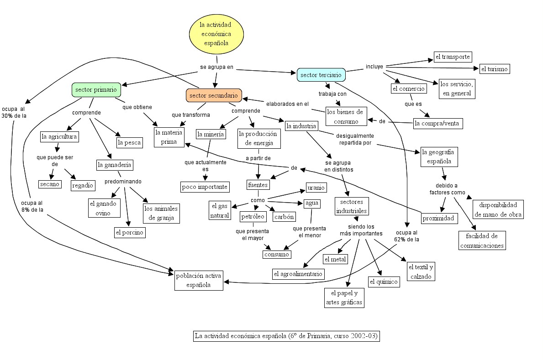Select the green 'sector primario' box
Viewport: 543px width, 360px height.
pos(96,90)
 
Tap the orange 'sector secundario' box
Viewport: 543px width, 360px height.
pos(214,95)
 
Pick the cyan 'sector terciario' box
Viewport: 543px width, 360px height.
pos(321,75)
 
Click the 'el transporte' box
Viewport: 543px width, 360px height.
pos(452,57)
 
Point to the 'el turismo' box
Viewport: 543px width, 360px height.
pos(494,69)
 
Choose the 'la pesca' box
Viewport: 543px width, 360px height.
pos(129,143)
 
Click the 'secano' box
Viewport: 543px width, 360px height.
pos(49,184)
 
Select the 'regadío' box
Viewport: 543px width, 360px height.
pos(83,185)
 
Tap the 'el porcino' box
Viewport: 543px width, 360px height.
pos(130,233)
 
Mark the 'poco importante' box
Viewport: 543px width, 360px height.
pos(205,187)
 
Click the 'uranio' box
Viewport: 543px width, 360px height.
pos(316,188)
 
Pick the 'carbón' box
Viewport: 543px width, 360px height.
pos(284,217)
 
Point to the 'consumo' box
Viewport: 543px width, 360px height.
pos(277,254)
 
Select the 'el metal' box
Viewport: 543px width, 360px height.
pos(335,259)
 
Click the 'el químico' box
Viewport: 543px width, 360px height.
pos(384,282)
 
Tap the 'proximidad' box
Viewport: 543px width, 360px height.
pos(438,219)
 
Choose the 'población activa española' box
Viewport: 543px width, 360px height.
pos(198,280)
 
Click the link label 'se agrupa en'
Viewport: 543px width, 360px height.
pos(216,67)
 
